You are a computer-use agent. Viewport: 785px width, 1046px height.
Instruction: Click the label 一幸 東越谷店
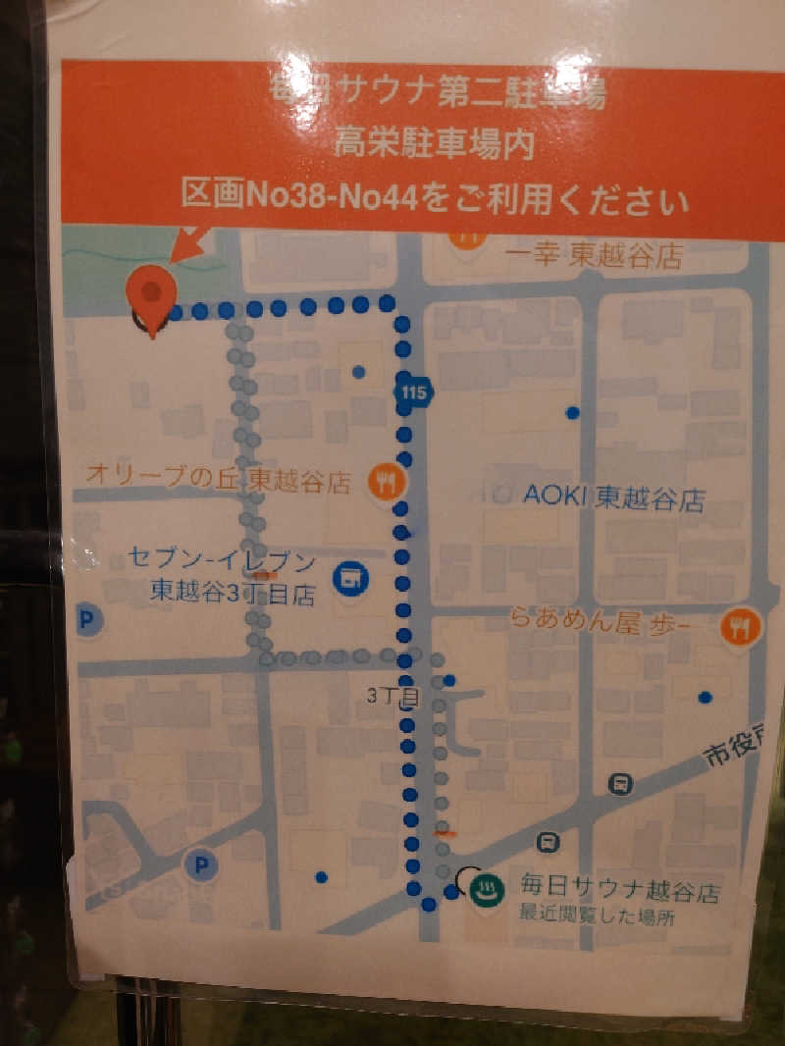593,257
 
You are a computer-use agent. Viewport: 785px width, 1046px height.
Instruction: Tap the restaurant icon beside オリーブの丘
385,480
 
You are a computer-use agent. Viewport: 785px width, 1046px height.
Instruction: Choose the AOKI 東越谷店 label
613,497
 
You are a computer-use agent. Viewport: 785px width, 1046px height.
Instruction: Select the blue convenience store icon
348,578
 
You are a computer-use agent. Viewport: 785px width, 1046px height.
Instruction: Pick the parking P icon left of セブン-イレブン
88,620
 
